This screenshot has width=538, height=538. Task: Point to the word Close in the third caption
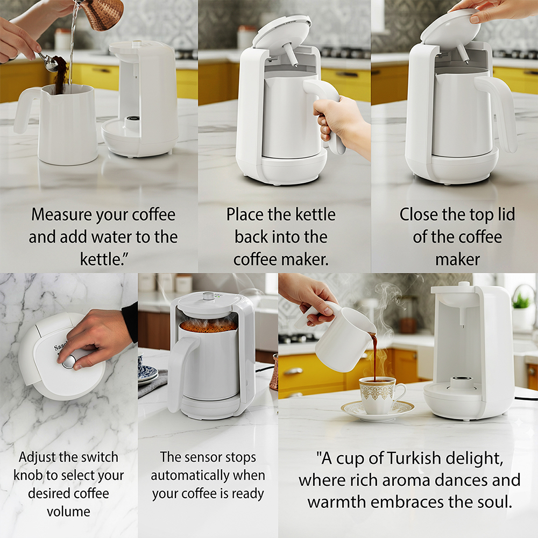pyautogui.click(x=419, y=215)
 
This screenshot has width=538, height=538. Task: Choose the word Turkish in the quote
pyautogui.click(x=414, y=458)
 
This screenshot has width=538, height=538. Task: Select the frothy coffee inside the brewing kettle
pyautogui.click(x=208, y=325)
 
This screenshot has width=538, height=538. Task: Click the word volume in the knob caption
pyautogui.click(x=69, y=512)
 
